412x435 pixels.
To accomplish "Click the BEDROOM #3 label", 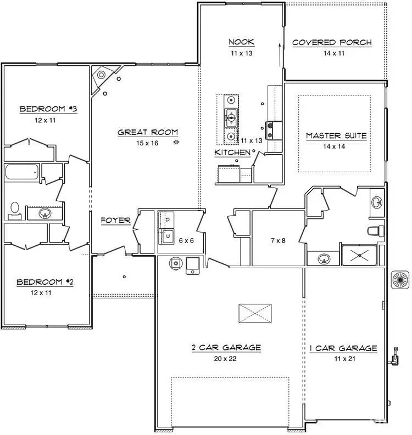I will click(48, 109).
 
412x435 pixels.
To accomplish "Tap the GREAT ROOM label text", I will click(148, 132).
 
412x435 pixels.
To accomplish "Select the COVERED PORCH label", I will click(332, 43).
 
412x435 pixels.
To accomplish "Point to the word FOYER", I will click(115, 221).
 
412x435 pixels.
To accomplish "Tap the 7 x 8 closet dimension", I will click(277, 240).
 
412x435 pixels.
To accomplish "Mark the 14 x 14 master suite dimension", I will click(336, 146).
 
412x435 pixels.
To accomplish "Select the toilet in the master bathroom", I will click(375, 230).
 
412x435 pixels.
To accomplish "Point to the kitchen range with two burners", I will click(273, 131).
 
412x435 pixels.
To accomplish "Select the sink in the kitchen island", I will click(231, 117).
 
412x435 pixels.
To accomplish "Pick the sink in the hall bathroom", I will click(46, 213).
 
